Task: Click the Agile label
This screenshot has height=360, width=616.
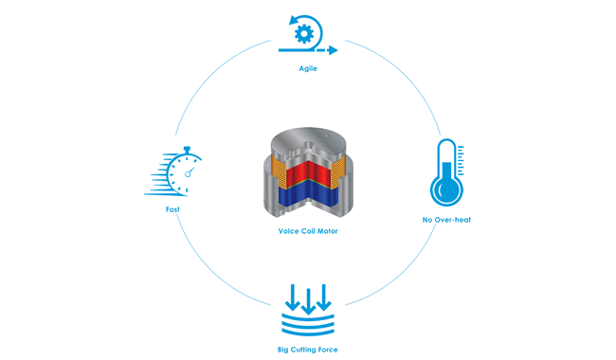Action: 309,69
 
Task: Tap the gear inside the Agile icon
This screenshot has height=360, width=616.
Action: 305,34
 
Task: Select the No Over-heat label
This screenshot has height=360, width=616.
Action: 446,220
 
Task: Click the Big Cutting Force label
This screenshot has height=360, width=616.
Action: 307,350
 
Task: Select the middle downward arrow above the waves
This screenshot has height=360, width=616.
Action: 307,297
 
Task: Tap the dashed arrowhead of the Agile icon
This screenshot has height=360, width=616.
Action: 332,49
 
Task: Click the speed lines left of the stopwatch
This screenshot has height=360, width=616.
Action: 157,176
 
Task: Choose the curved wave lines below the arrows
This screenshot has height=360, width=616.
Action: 307,325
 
